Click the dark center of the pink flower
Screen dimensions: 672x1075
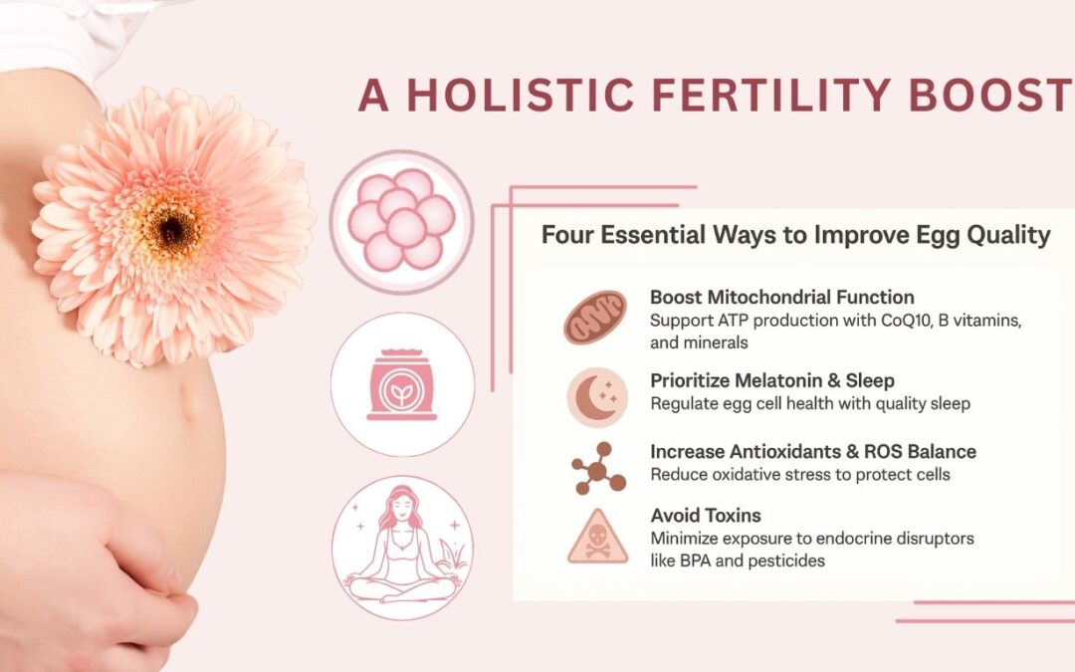pos(172,228)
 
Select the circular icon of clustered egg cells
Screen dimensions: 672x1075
pos(402,222)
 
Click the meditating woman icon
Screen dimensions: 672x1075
pos(402,548)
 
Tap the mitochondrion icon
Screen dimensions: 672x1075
pos(595,318)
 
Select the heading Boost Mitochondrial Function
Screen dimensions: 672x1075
pos(781,298)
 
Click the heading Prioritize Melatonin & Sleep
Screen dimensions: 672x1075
pos(771,380)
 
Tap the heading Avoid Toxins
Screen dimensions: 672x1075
pos(706,515)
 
